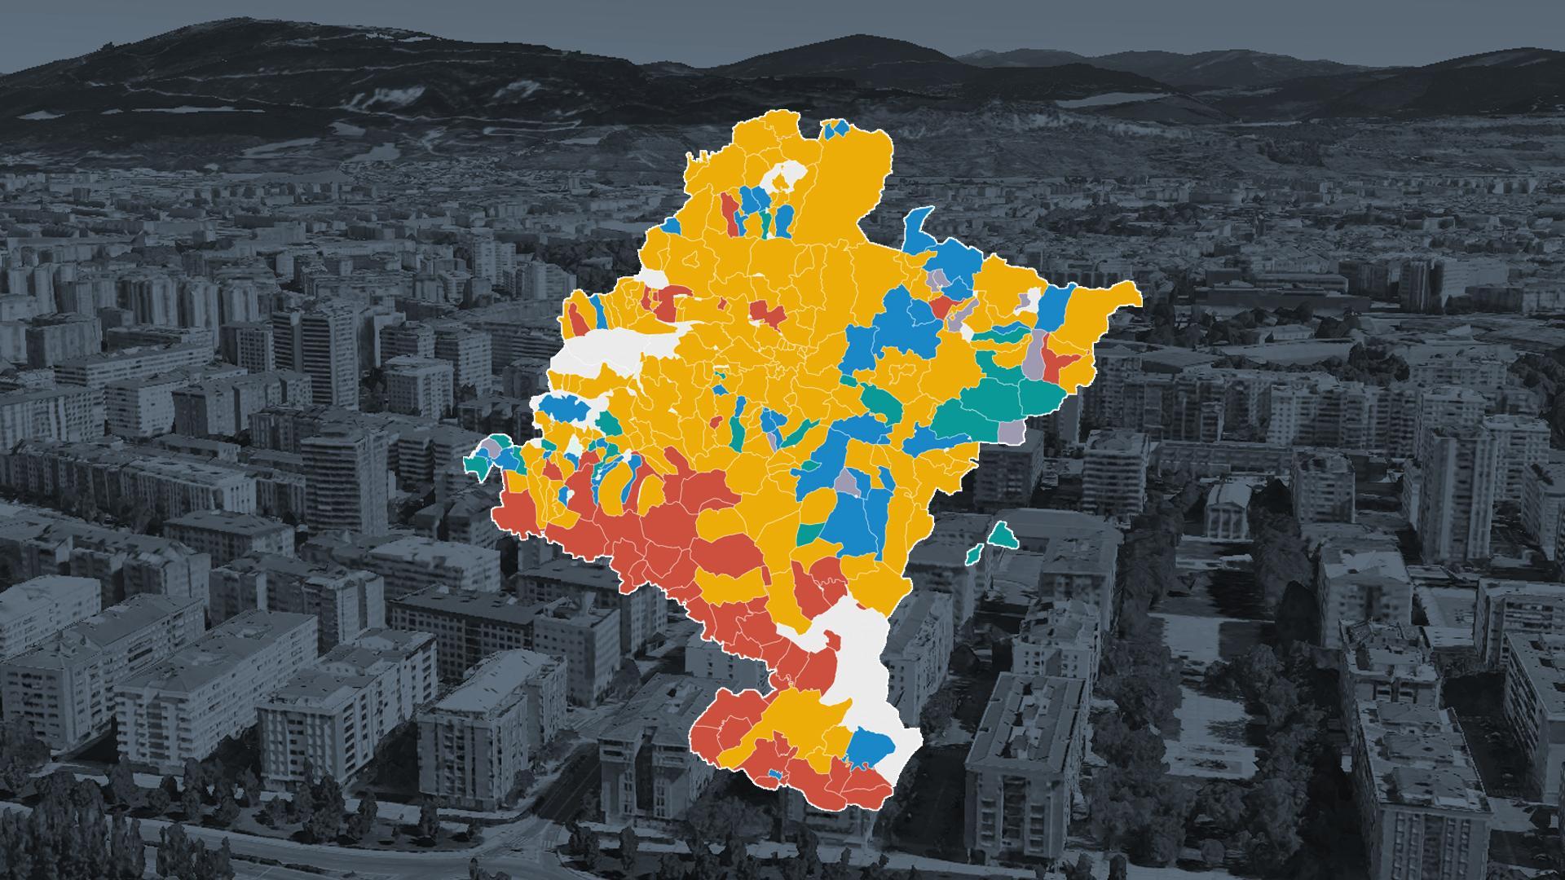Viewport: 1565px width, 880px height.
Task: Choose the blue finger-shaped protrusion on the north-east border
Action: tap(919, 228)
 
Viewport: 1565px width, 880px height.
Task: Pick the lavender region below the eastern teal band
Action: tap(1012, 433)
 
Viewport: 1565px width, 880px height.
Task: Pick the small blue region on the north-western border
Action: tap(672, 225)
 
